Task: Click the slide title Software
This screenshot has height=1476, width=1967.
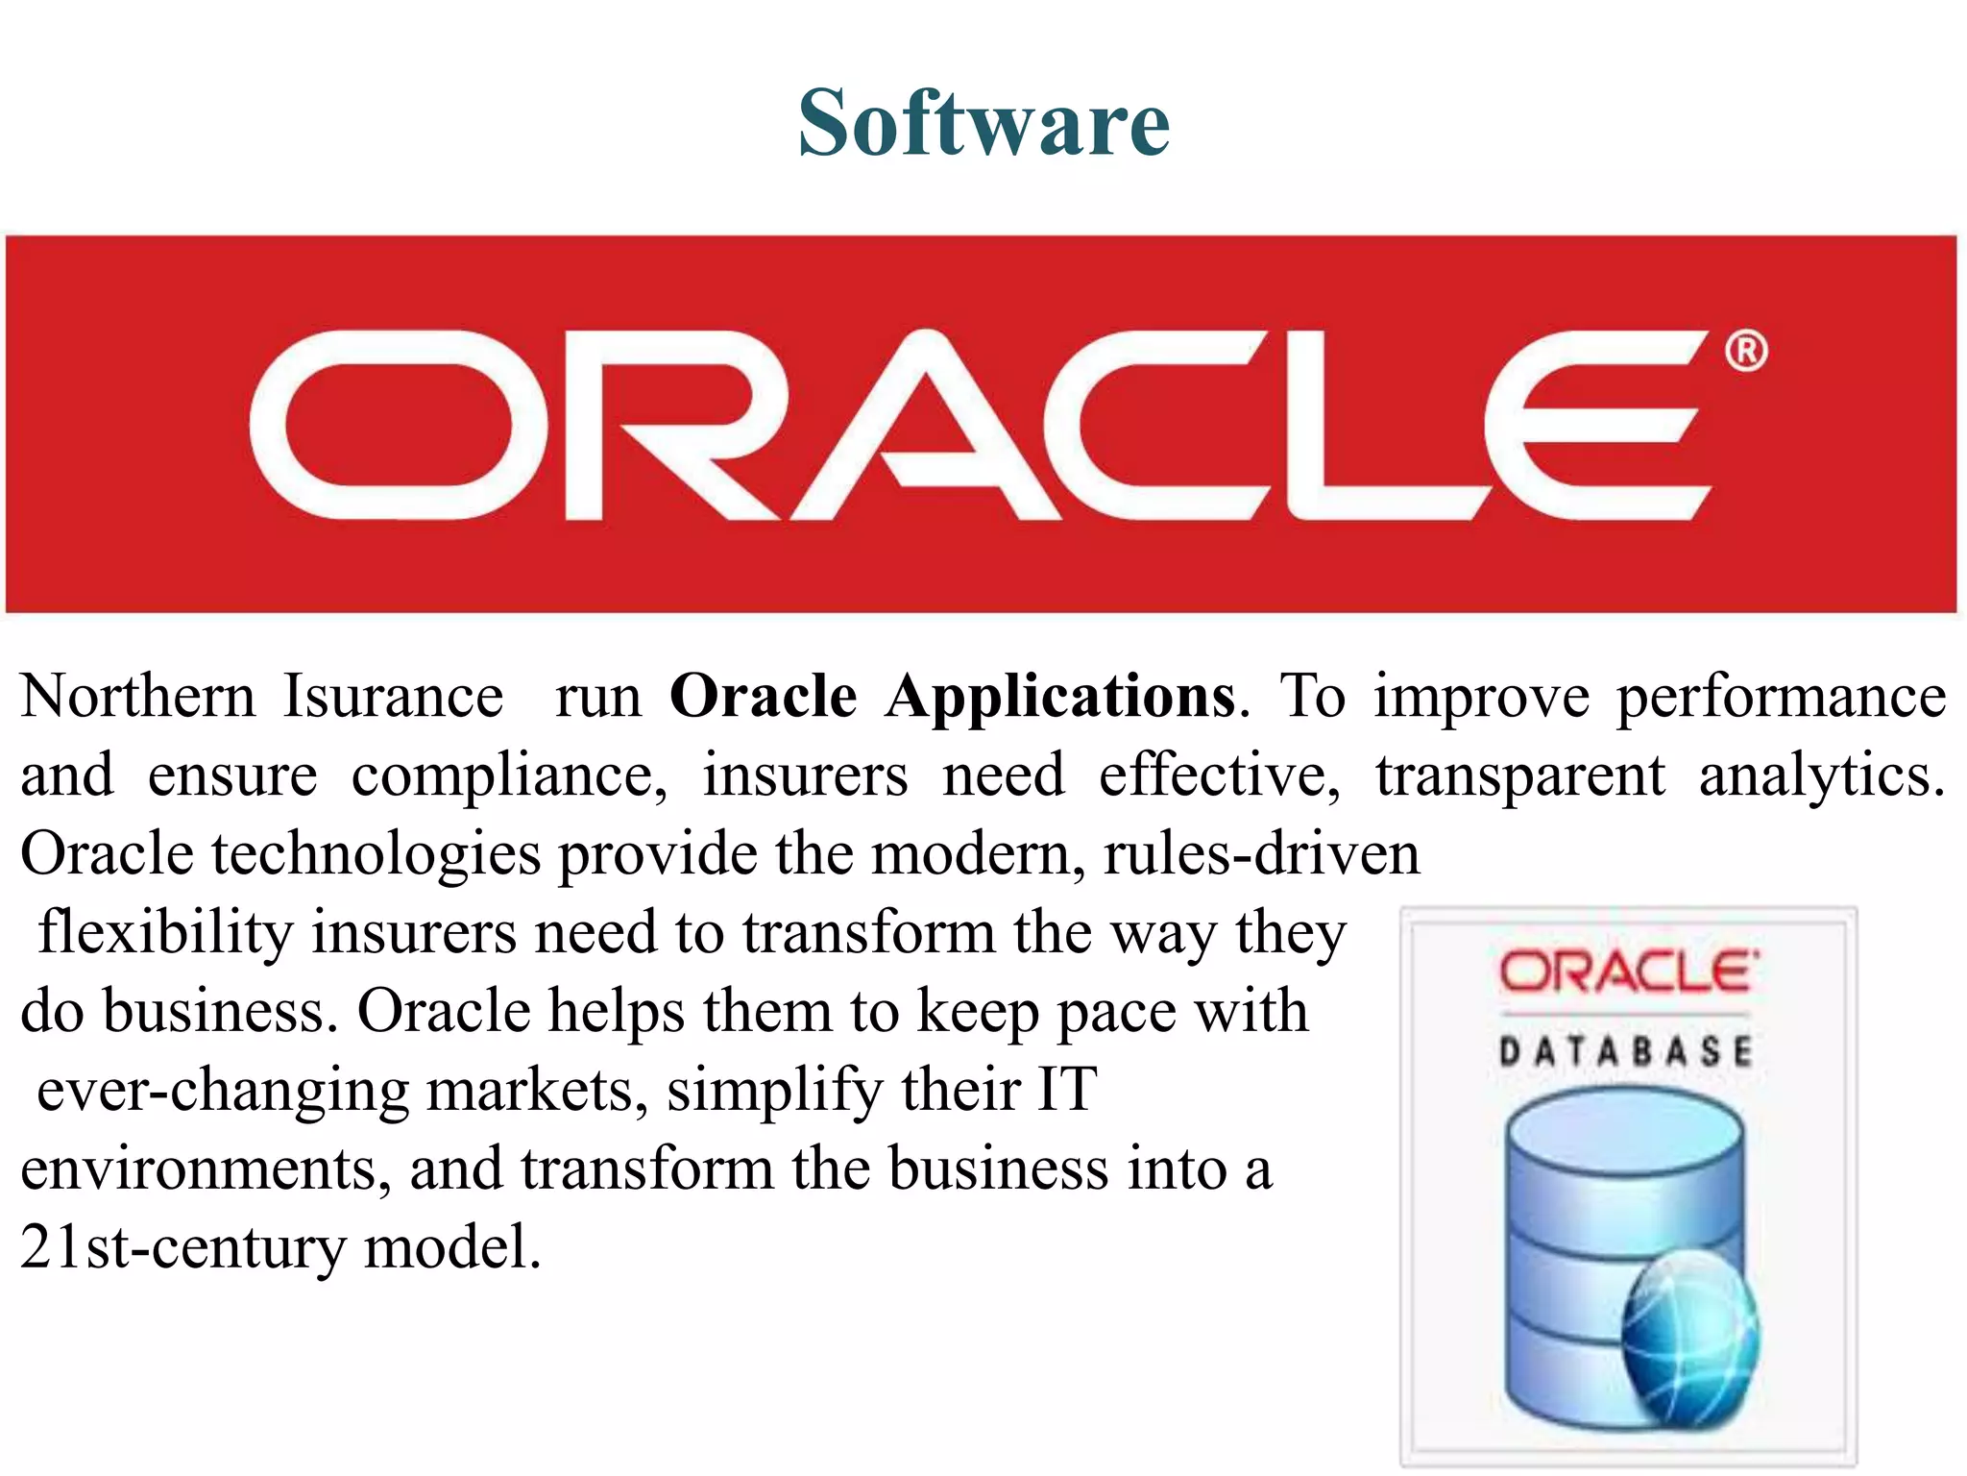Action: [x=983, y=123]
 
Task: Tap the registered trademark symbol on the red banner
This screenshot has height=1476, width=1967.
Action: [x=1745, y=351]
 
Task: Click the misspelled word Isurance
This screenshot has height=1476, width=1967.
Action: [x=393, y=697]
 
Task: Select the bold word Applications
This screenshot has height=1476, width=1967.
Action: [x=1060, y=697]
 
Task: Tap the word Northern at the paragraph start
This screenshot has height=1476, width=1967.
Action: [x=138, y=697]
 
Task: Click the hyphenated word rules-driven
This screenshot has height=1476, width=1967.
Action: [x=1261, y=854]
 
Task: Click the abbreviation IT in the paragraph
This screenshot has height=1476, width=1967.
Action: [x=1066, y=1090]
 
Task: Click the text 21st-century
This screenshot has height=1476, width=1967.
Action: [x=182, y=1248]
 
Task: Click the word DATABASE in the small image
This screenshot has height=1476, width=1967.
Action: [x=1626, y=1051]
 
